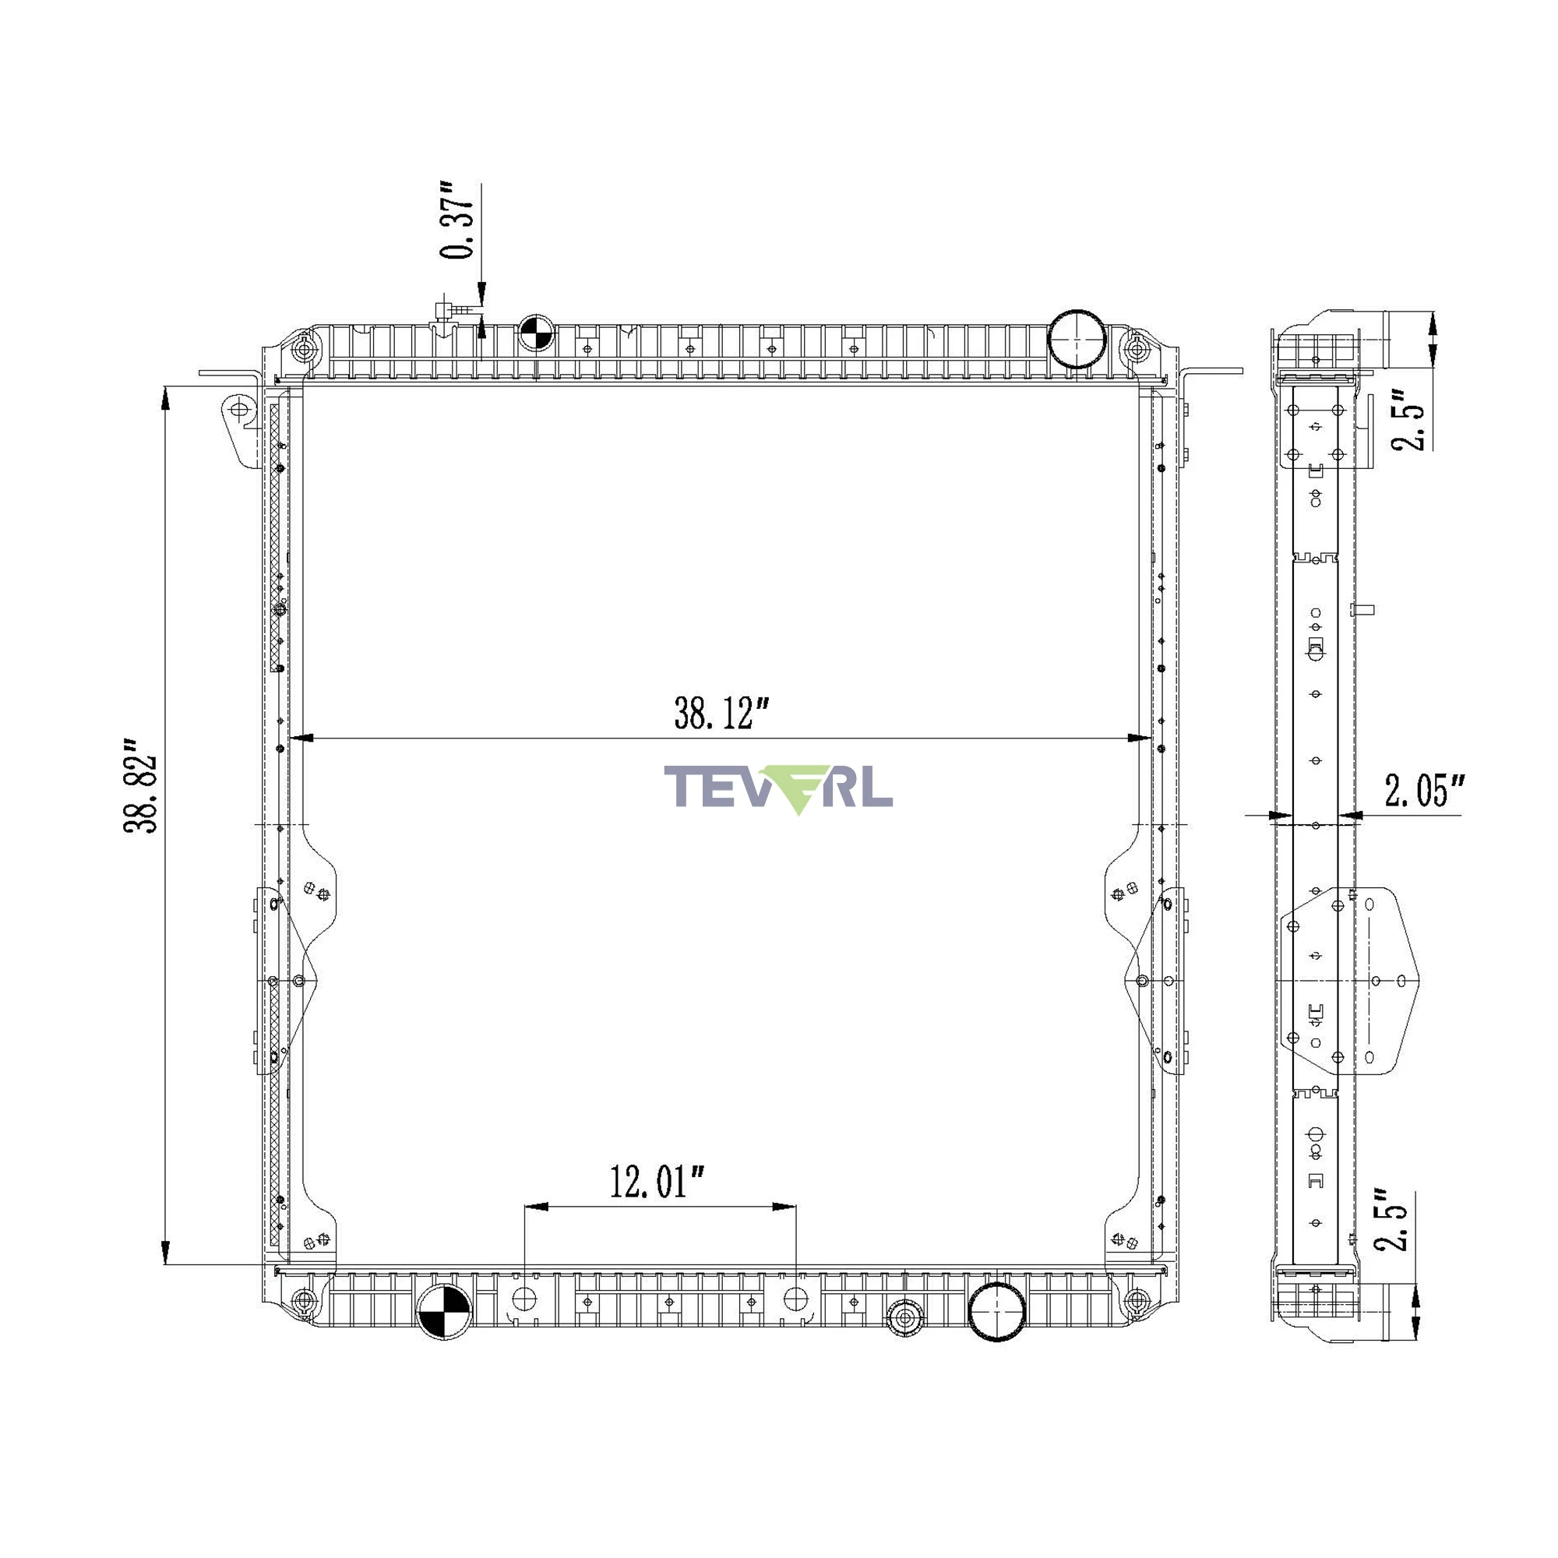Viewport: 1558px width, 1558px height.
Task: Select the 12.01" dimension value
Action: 657,1183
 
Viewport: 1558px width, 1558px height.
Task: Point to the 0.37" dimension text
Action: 457,220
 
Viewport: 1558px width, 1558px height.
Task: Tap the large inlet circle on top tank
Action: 1076,339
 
